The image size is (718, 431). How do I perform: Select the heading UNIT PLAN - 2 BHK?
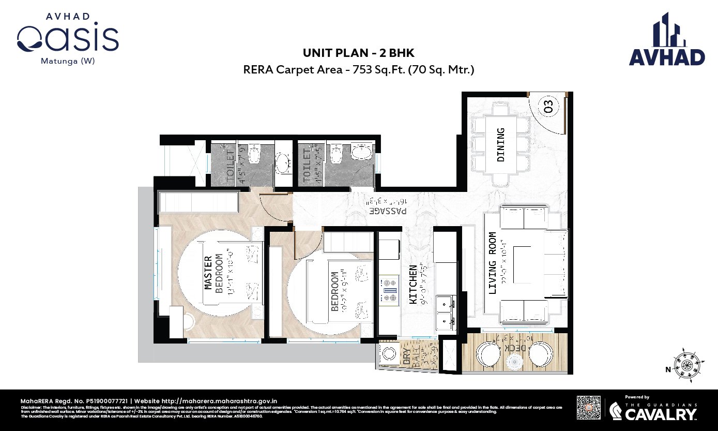[358, 53]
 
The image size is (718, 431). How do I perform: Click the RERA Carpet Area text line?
[358, 69]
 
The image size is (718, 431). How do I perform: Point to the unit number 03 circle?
[548, 107]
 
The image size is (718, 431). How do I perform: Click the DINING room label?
[500, 145]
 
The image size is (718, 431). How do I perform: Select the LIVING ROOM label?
[492, 263]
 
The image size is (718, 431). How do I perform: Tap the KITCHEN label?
[413, 284]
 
